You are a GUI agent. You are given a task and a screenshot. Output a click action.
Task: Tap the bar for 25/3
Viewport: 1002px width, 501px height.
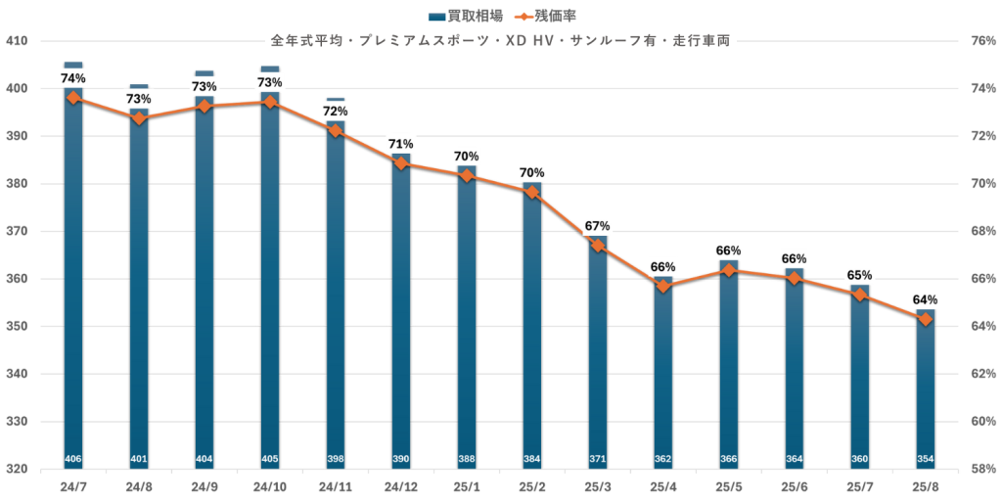(x=597, y=352)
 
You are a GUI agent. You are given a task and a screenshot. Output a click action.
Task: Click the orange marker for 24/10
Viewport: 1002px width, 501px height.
(x=270, y=102)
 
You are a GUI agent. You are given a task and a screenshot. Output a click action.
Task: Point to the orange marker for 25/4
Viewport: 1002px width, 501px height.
(x=663, y=286)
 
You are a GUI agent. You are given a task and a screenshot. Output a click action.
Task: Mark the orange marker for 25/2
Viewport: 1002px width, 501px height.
(x=532, y=192)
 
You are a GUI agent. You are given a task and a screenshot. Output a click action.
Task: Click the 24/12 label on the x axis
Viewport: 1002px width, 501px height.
(x=401, y=486)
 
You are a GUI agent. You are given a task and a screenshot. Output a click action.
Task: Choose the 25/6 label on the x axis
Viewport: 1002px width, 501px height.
(x=795, y=486)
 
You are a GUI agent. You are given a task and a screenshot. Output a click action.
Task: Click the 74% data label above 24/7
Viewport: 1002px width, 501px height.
(x=73, y=78)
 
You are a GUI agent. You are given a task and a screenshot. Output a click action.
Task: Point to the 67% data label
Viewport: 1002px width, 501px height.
(x=598, y=227)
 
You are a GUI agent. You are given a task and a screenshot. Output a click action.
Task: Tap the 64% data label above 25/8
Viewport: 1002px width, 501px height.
(x=926, y=299)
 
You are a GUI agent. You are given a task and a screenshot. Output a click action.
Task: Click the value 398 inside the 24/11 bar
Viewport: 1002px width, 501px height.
(x=336, y=459)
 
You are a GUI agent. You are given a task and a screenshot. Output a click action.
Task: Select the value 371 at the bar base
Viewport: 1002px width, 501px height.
(x=598, y=459)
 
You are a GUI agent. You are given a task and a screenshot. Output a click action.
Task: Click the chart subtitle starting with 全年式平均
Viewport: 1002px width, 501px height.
(x=500, y=42)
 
